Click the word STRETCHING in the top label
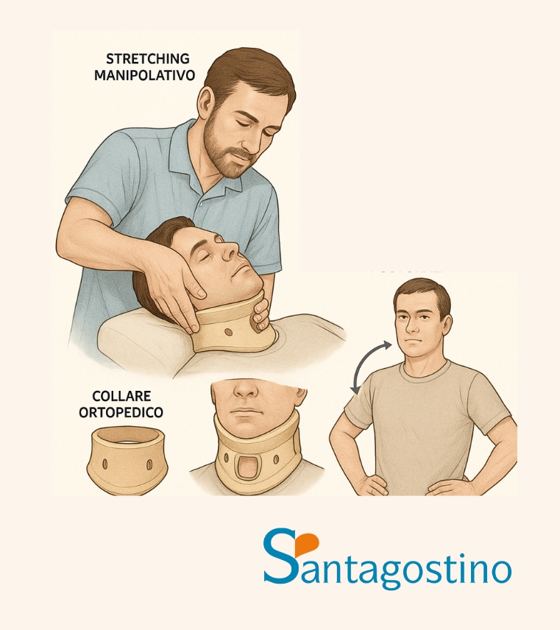click(x=138, y=58)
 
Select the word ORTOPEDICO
click(x=121, y=412)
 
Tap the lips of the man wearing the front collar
click(x=245, y=411)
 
